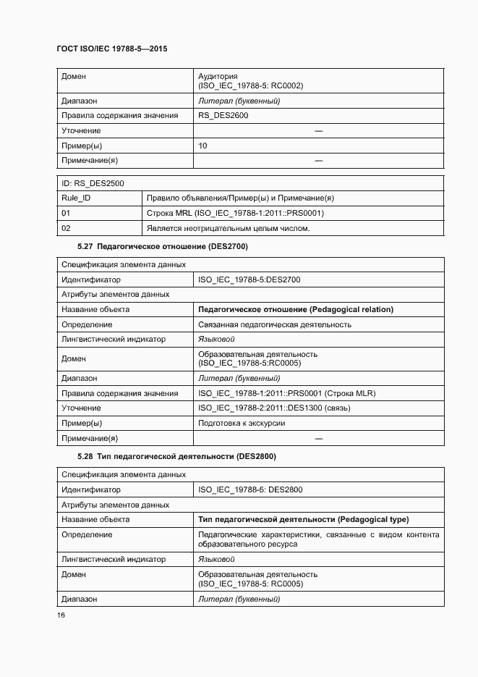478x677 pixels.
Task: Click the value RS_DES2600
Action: [223, 116]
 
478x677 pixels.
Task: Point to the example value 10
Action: [202, 146]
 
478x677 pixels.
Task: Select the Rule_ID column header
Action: [76, 198]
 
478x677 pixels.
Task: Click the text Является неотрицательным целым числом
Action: [228, 229]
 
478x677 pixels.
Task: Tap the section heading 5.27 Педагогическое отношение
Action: [163, 248]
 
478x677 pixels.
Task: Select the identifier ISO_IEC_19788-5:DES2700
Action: [249, 279]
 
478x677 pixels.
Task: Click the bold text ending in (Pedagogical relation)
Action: [296, 310]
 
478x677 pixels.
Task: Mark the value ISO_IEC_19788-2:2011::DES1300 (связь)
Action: [274, 408]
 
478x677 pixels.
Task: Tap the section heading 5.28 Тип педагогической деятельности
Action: [176, 457]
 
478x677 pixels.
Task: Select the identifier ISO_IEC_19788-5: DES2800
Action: [250, 489]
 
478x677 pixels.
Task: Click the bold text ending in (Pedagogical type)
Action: [303, 520]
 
